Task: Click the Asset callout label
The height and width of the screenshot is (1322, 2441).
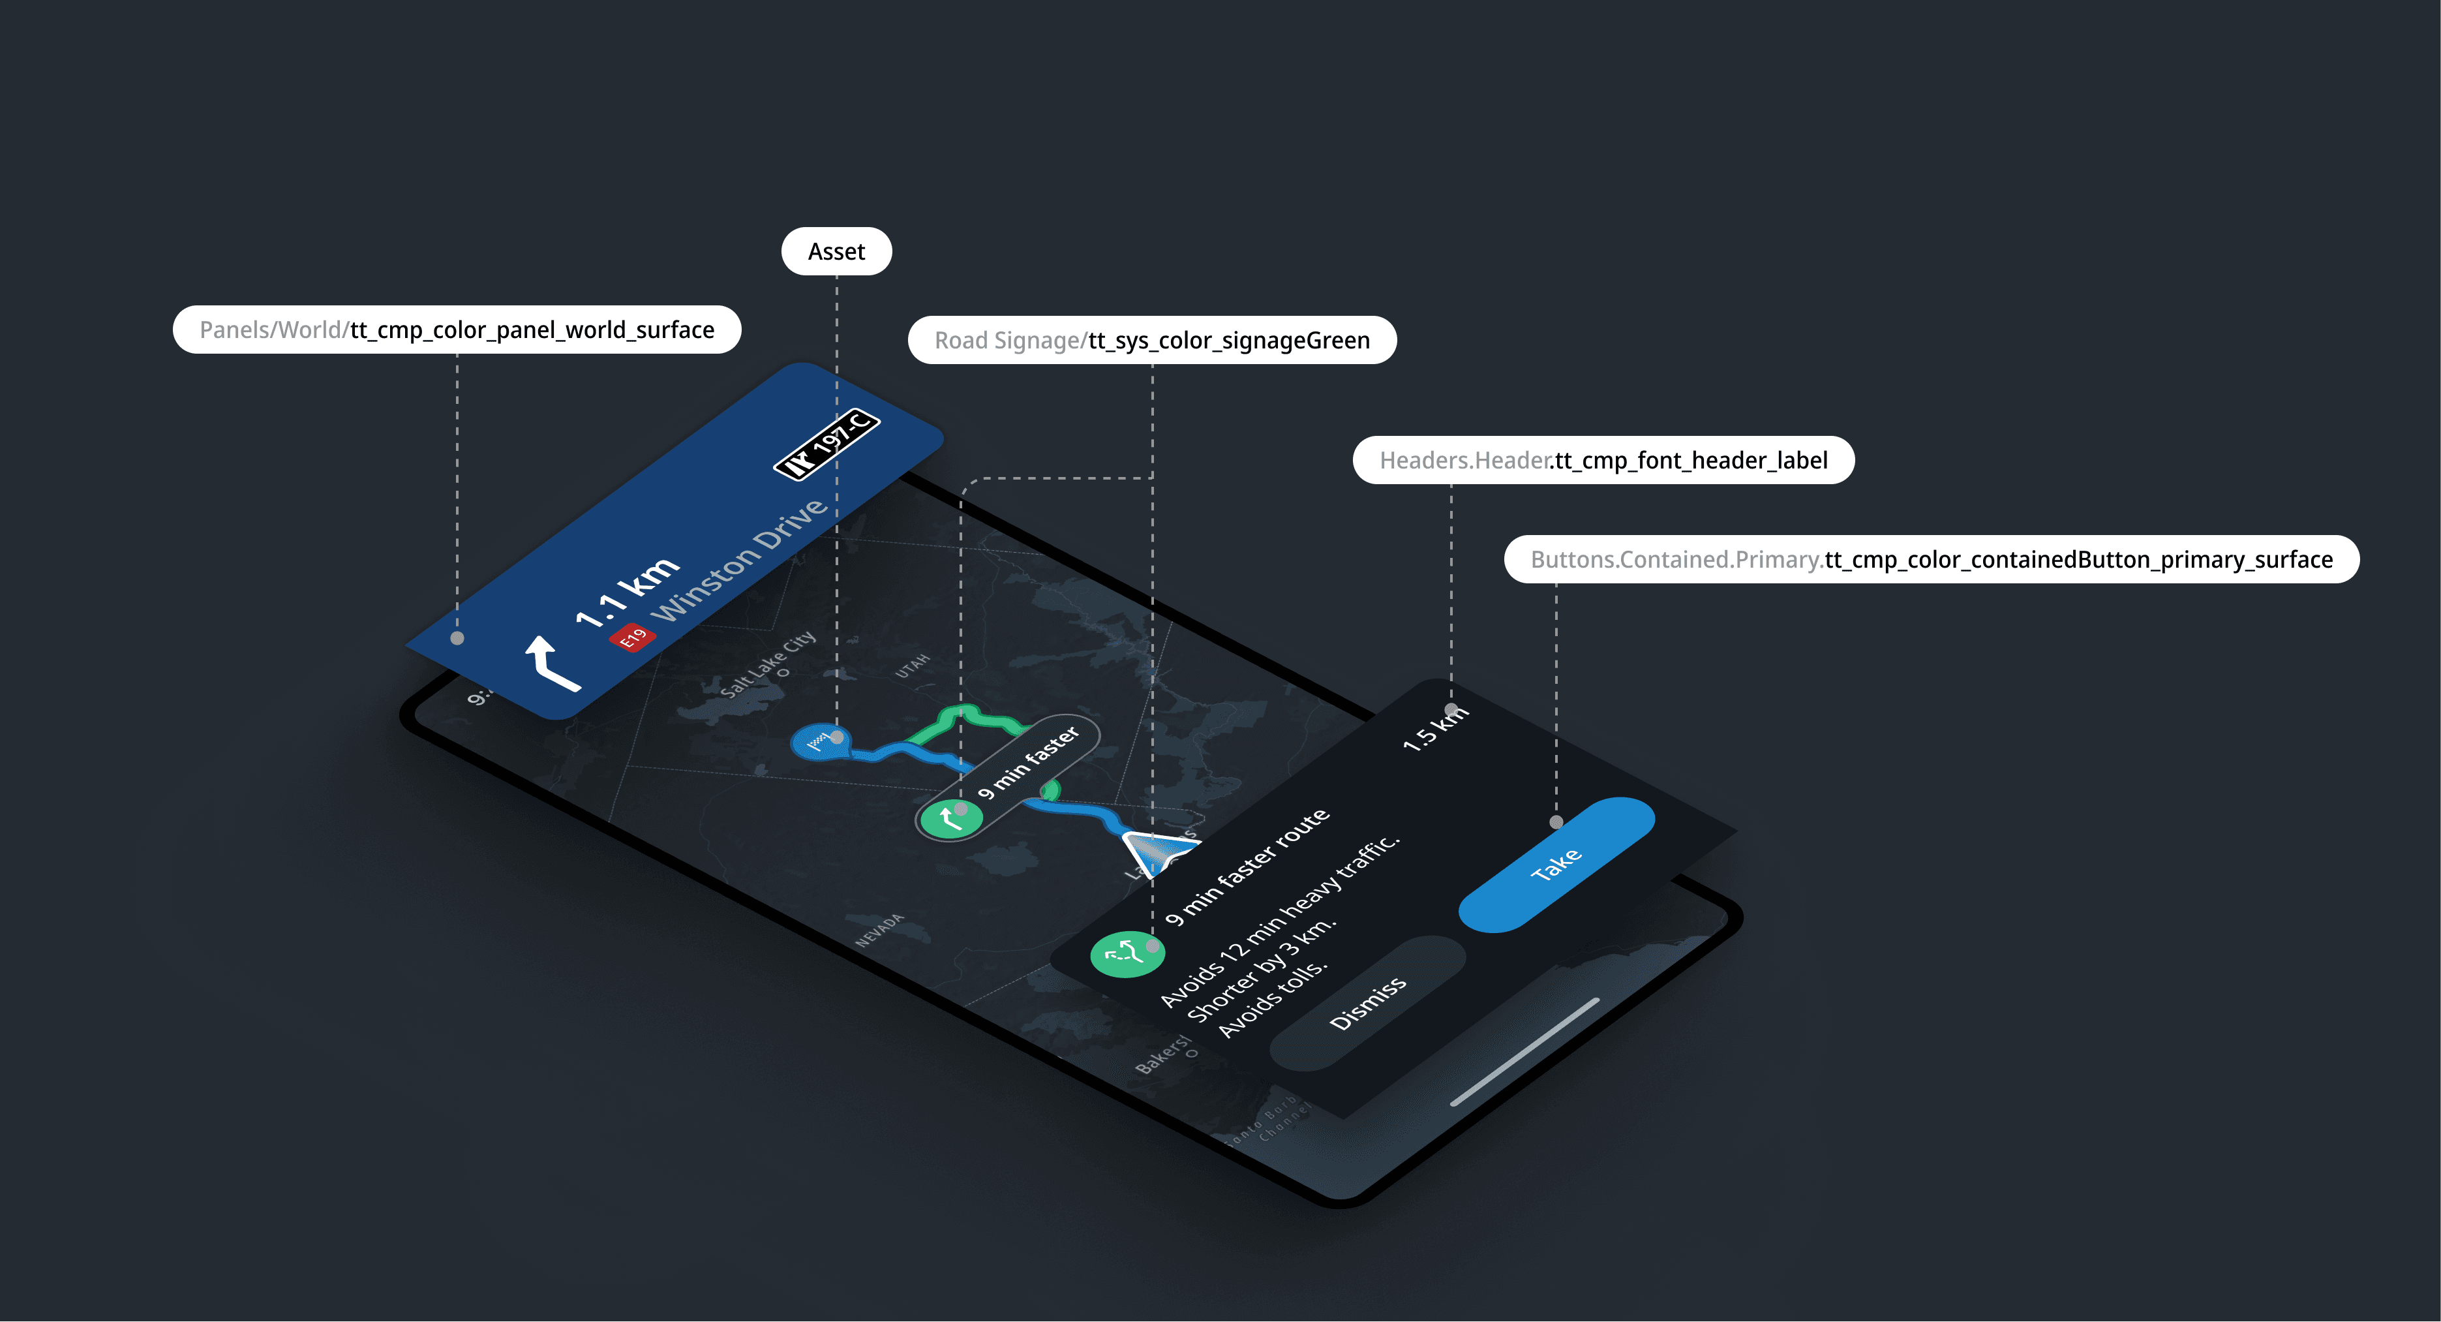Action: coord(836,252)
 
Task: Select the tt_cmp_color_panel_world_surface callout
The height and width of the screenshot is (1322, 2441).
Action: coord(457,330)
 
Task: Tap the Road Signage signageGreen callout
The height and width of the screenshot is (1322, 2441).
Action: coord(1151,340)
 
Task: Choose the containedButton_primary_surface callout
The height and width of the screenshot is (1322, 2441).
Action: coord(1930,560)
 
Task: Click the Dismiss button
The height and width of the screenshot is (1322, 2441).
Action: coord(1367,1003)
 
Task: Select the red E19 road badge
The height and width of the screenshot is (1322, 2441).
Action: coord(632,638)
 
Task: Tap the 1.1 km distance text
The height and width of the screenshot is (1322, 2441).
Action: coord(628,592)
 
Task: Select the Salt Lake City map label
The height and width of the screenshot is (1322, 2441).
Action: coord(766,664)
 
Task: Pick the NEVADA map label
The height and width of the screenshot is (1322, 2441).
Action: coord(879,930)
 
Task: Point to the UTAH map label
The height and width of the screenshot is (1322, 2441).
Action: coord(913,666)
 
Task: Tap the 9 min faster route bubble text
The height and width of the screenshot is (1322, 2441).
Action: coord(1028,763)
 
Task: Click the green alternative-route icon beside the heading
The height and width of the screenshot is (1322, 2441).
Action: coord(1127,953)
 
